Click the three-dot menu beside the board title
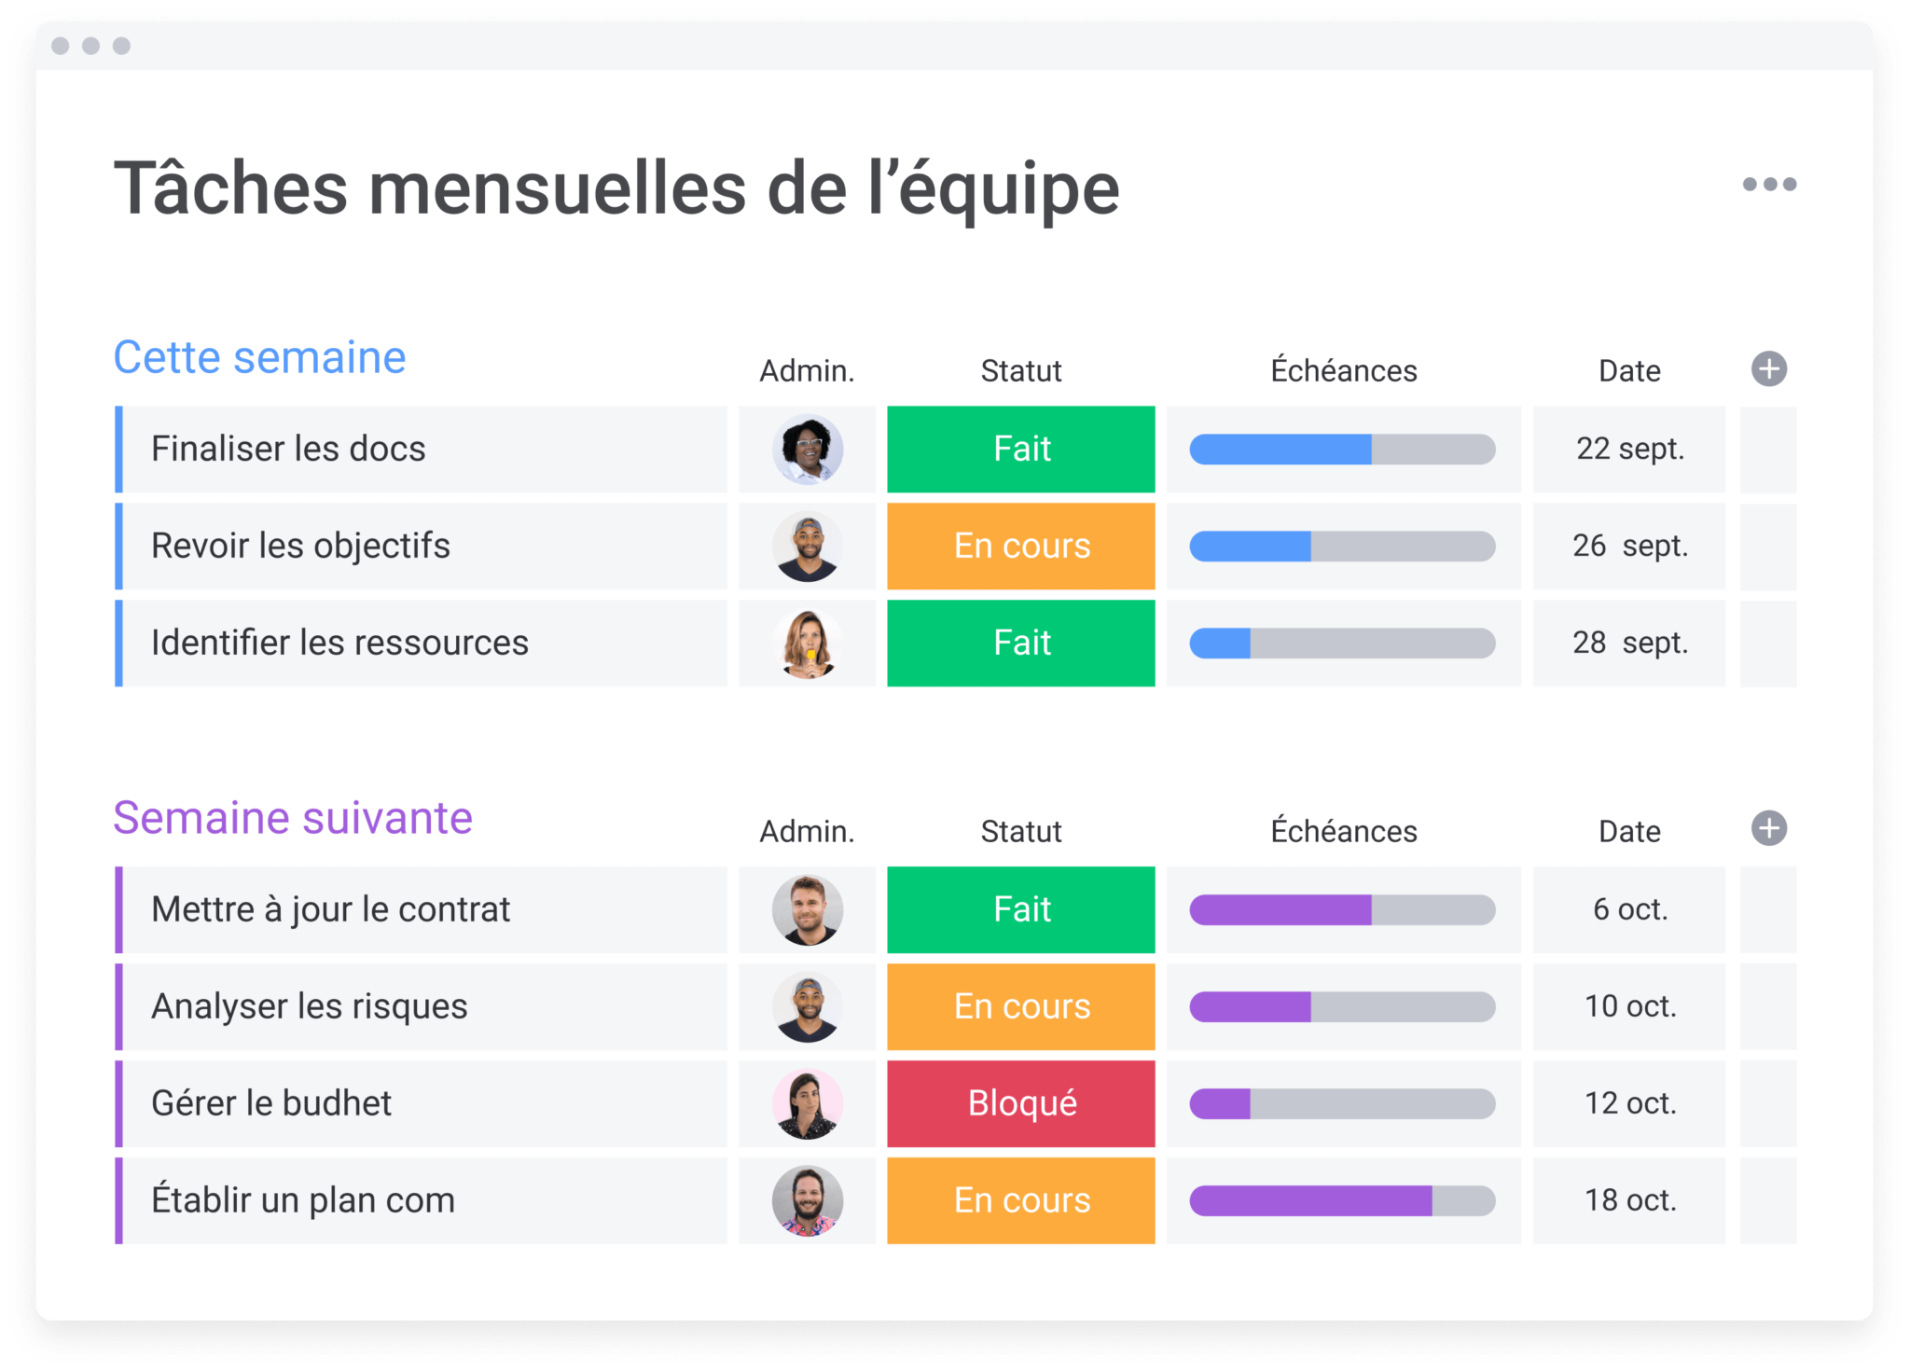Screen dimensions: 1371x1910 point(1769,185)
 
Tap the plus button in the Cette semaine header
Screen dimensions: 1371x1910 point(1768,369)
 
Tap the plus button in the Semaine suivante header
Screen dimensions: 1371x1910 point(1768,829)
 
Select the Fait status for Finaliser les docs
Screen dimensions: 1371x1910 point(1020,450)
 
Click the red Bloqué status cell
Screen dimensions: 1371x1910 point(1020,1104)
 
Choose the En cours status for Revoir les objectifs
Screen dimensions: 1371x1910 point(1020,547)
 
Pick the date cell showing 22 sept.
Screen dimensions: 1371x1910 point(1629,450)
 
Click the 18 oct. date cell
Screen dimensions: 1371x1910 point(1629,1201)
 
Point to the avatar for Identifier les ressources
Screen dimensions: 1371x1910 point(808,644)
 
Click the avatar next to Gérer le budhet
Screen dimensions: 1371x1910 point(808,1104)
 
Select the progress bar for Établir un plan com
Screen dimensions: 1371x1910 point(1342,1201)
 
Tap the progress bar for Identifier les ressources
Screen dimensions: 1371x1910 point(1342,644)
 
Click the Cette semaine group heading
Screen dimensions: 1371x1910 point(259,358)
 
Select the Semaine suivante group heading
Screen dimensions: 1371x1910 point(293,819)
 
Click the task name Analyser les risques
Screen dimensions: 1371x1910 point(310,1007)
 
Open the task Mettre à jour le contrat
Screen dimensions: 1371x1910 point(331,910)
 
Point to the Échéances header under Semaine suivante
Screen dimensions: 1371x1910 point(1343,831)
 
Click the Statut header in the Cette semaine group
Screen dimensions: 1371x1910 point(1020,371)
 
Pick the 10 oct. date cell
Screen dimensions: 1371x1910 point(1629,1007)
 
